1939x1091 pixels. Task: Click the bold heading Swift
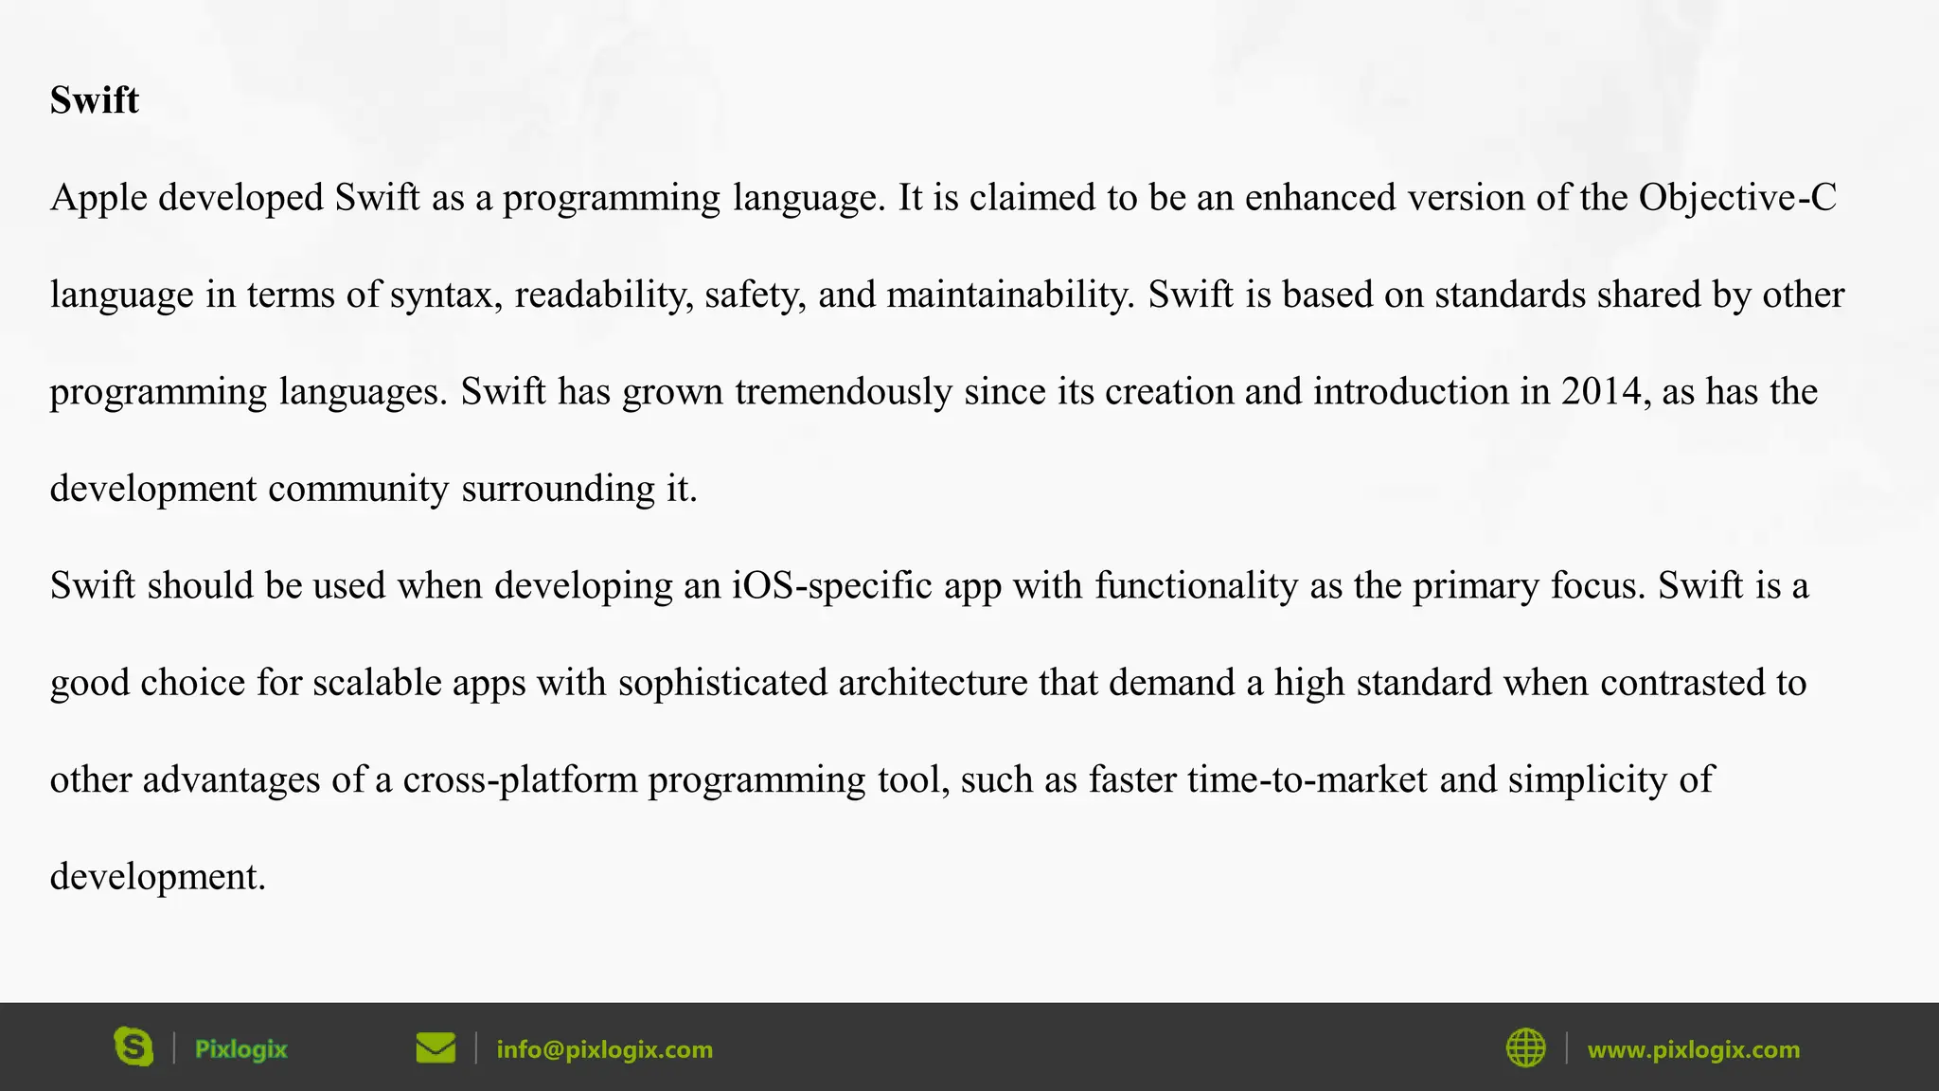[x=95, y=100]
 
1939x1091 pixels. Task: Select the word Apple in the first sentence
[x=98, y=198]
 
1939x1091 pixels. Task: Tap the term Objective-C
[x=1737, y=197]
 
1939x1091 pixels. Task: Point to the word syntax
[x=446, y=295]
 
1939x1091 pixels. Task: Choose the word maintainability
[x=1010, y=295]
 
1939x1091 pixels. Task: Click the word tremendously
[x=844, y=392]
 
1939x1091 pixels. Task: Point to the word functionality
[x=1197, y=586]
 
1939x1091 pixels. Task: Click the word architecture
[x=933, y=683]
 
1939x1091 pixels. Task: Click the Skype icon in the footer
[x=133, y=1047]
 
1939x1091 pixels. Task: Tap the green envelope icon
[x=436, y=1047]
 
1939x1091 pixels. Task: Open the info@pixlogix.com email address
[x=604, y=1049]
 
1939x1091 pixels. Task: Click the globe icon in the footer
[x=1525, y=1047]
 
